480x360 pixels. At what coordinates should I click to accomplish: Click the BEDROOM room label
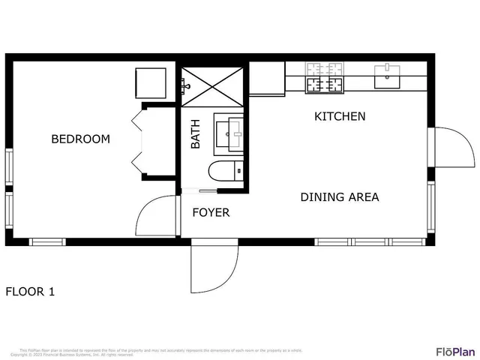point(80,139)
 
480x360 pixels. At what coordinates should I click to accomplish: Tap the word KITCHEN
point(339,116)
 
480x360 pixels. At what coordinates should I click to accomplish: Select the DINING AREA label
point(339,197)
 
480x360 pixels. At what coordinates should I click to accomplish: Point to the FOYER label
point(211,212)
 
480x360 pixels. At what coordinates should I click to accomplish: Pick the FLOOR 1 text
point(30,292)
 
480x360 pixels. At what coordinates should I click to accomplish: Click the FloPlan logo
point(455,351)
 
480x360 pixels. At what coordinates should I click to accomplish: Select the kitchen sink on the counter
point(387,76)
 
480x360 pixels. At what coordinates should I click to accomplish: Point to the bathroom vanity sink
point(229,132)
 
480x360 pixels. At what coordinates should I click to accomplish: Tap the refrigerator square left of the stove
point(266,78)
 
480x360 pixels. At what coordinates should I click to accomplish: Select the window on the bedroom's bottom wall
point(47,241)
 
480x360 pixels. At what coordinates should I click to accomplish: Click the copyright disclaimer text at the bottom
point(161,351)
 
